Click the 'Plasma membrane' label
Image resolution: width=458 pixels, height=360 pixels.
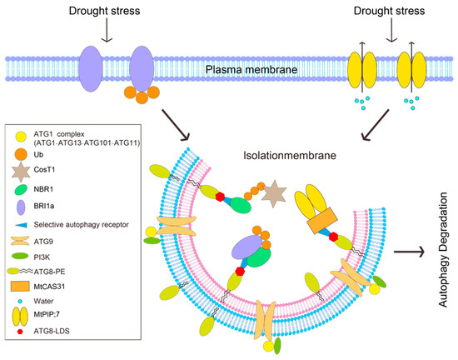251,70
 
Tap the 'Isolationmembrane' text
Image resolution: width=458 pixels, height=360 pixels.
290,155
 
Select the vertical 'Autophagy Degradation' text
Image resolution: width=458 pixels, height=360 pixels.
443,250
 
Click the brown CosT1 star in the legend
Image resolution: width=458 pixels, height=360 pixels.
21,172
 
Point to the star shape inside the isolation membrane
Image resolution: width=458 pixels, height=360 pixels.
274,193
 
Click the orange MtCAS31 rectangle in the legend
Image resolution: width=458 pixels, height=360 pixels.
20,287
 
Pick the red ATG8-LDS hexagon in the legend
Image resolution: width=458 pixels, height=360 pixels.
20,332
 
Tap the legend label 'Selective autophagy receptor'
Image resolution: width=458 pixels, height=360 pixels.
82,225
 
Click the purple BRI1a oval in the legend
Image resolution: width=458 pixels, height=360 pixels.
21,207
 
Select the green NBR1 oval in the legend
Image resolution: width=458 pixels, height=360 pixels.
21,190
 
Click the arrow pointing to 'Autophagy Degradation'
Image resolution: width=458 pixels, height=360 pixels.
409,252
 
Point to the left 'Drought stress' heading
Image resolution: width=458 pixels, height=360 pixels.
105,11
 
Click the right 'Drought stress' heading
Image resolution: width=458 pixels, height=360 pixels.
389,11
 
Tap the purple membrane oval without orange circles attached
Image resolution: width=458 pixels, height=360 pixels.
91,68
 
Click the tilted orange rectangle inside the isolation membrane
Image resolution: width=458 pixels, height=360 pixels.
322,221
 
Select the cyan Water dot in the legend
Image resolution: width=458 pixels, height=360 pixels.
20,301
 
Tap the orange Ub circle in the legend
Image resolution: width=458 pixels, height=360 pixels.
21,154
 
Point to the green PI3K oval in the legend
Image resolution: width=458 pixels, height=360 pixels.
20,257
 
